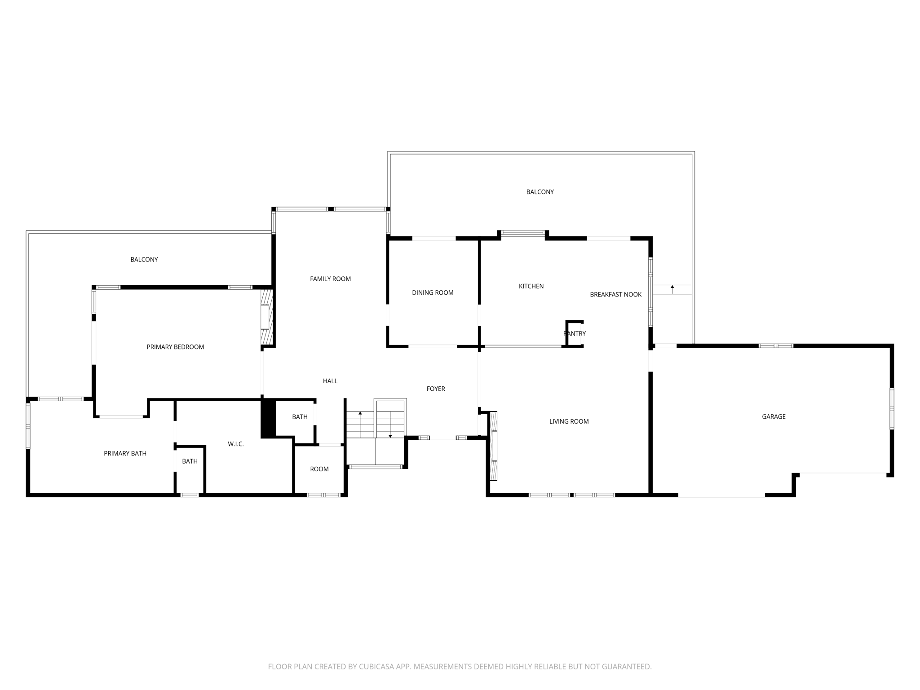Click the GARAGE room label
[774, 416]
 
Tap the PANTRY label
[575, 333]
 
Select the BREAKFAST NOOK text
[615, 294]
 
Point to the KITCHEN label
[531, 286]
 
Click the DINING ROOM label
[433, 292]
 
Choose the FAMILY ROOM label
[330, 279]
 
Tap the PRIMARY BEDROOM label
[175, 347]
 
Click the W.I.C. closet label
[235, 444]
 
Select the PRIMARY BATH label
[125, 453]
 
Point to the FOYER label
[436, 389]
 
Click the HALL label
[330, 381]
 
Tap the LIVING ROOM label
[569, 421]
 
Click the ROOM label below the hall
[319, 469]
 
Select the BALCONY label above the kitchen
[540, 192]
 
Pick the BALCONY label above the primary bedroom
[144, 259]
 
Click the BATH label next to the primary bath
[190, 461]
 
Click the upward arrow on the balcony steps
[672, 287]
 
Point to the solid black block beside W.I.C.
[268, 418]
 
